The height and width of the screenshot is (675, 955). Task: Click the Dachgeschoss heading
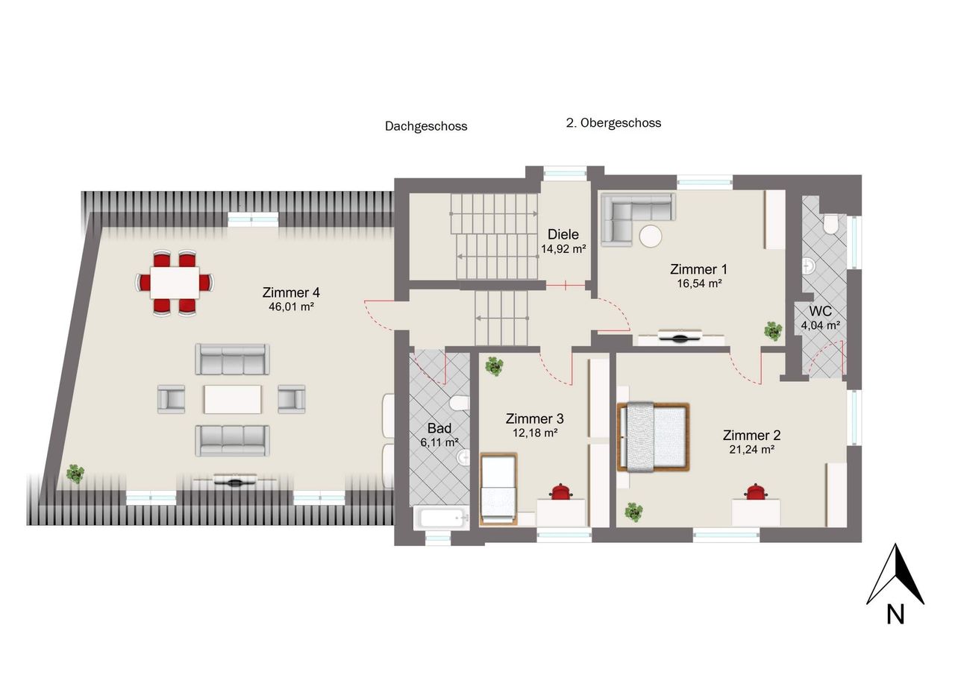point(426,126)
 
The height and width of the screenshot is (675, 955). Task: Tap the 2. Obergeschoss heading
point(613,123)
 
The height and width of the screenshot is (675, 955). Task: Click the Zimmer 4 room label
point(291,293)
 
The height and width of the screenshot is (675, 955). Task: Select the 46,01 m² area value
point(291,307)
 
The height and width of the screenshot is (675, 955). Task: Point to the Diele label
point(563,234)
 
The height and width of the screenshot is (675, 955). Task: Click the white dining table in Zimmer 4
point(175,283)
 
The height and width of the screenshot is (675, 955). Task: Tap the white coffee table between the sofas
point(233,399)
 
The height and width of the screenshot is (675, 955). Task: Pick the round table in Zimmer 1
point(651,236)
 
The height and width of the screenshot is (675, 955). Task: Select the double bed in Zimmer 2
point(653,437)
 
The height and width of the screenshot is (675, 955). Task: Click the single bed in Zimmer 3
point(498,489)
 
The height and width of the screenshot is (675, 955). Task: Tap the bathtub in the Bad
point(441,518)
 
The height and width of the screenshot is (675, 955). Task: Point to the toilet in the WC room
point(831,225)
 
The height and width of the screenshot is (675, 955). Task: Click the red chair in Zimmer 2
point(756,492)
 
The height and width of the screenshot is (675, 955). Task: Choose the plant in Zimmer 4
point(75,474)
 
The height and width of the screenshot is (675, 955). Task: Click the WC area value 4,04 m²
point(820,326)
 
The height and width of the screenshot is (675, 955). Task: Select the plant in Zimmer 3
point(494,366)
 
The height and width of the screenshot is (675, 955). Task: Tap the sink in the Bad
point(463,457)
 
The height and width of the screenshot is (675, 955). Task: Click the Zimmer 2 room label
point(751,436)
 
